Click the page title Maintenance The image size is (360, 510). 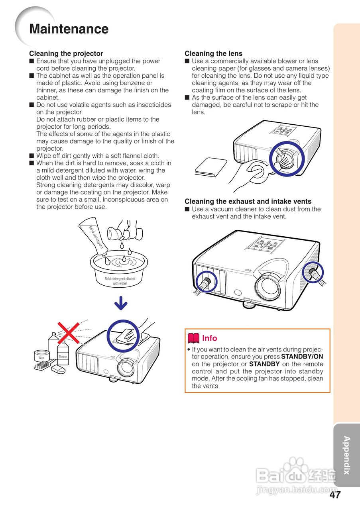pyautogui.click(x=69, y=29)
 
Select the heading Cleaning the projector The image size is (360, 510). pyautogui.click(x=66, y=53)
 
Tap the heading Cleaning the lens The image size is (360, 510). pyautogui.click(x=213, y=53)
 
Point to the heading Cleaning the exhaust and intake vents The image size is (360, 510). pyautogui.click(x=248, y=202)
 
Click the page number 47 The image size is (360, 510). pyautogui.click(x=335, y=495)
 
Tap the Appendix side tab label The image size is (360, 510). pyautogui.click(x=346, y=455)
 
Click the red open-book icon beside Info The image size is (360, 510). pyautogui.click(x=193, y=338)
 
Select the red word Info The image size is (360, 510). pyautogui.click(x=210, y=338)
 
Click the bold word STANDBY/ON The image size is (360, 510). pyautogui.click(x=302, y=357)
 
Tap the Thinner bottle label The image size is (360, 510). pyautogui.click(x=63, y=357)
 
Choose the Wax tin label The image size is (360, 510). pyautogui.click(x=41, y=358)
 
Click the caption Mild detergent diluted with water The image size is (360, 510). pyautogui.click(x=120, y=281)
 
